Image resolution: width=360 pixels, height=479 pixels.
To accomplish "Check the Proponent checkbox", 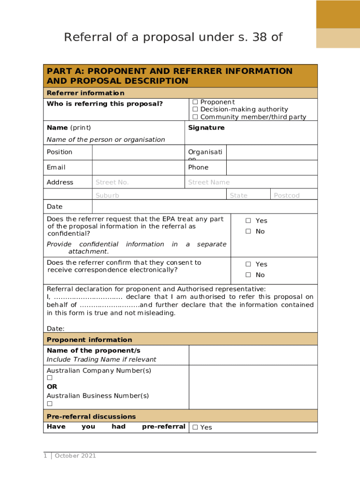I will [x=195, y=102].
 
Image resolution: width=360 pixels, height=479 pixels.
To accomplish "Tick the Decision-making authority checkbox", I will [x=195, y=109].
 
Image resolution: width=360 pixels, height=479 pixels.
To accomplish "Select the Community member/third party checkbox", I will [x=195, y=117].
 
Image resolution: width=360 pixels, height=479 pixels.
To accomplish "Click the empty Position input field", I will [x=138, y=152].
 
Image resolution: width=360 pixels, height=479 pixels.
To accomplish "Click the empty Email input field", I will [x=138, y=167].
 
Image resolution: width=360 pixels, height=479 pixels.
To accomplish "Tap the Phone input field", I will [x=272, y=167].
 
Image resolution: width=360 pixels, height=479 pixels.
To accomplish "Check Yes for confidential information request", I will [x=248, y=221].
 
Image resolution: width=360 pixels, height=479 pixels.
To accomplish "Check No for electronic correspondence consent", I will [x=248, y=275].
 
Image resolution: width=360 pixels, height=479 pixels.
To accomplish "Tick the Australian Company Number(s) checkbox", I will [x=50, y=378].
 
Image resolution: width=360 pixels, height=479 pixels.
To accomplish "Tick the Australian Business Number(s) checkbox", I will [x=50, y=404].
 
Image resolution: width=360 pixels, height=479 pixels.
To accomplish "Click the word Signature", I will [x=206, y=128].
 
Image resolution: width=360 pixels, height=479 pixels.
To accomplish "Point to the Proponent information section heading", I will [x=89, y=340].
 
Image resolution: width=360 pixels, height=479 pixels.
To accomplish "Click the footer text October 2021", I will [x=75, y=456].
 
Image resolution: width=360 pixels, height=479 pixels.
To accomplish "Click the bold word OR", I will [x=52, y=387].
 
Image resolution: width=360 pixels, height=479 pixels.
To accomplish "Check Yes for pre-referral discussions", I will [x=195, y=427].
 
